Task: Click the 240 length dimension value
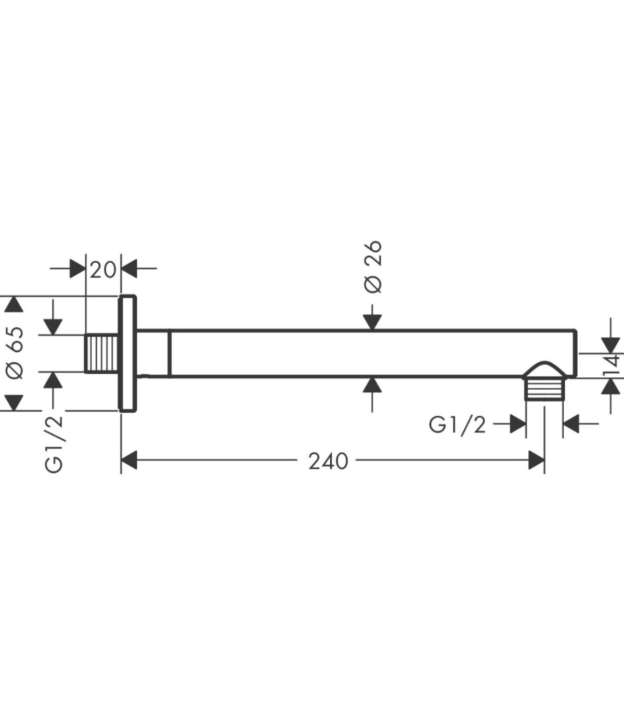point(328,462)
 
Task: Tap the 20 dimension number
point(103,270)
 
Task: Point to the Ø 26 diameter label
point(373,267)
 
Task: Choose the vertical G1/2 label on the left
point(54,444)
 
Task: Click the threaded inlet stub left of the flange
point(102,353)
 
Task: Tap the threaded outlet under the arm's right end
point(544,389)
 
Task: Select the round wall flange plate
point(128,353)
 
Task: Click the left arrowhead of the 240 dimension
point(129,461)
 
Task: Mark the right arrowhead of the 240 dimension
point(536,461)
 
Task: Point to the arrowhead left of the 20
point(77,269)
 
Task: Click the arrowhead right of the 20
point(129,269)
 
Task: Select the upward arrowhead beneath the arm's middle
point(372,385)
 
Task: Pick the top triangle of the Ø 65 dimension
point(14,304)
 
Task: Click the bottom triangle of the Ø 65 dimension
point(14,403)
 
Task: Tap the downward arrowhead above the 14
point(611,345)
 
